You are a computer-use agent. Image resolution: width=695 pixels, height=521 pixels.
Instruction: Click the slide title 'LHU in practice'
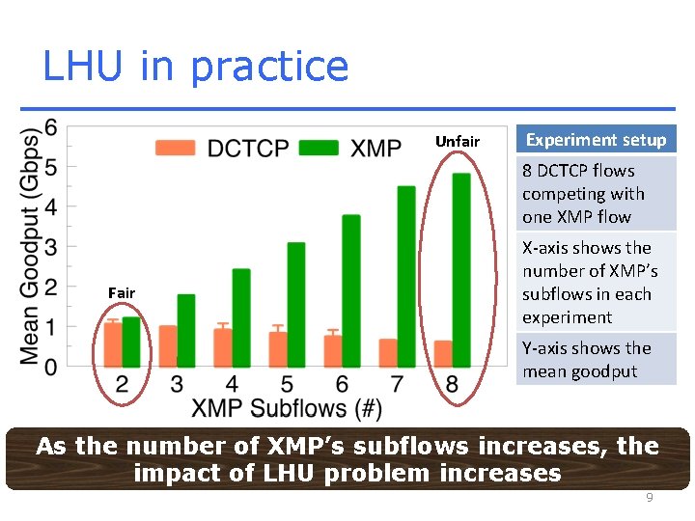(195, 67)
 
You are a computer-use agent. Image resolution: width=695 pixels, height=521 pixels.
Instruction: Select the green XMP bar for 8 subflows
(461, 270)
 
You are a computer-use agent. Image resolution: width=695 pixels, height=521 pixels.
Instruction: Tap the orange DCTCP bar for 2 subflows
(113, 344)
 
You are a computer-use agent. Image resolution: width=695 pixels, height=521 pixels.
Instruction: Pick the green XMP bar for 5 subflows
(296, 305)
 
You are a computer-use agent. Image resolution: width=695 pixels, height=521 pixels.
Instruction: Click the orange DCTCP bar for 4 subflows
(223, 347)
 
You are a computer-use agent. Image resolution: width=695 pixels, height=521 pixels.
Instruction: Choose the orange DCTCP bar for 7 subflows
(388, 353)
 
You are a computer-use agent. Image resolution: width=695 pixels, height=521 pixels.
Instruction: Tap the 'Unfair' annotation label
(457, 142)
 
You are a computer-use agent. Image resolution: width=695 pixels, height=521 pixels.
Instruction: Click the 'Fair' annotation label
(122, 292)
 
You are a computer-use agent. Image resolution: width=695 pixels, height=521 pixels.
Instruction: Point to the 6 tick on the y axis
(50, 127)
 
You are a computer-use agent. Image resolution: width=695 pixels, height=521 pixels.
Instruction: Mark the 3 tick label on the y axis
(50, 247)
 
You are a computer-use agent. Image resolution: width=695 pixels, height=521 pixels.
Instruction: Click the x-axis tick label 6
(342, 385)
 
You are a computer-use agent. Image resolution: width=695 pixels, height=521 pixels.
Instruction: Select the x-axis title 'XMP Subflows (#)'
(287, 409)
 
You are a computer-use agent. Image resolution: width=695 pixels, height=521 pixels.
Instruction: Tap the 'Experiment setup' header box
(596, 140)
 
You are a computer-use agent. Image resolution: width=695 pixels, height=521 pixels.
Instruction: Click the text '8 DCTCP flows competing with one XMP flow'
(583, 194)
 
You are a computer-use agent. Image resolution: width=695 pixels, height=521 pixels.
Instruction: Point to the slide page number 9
(650, 498)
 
